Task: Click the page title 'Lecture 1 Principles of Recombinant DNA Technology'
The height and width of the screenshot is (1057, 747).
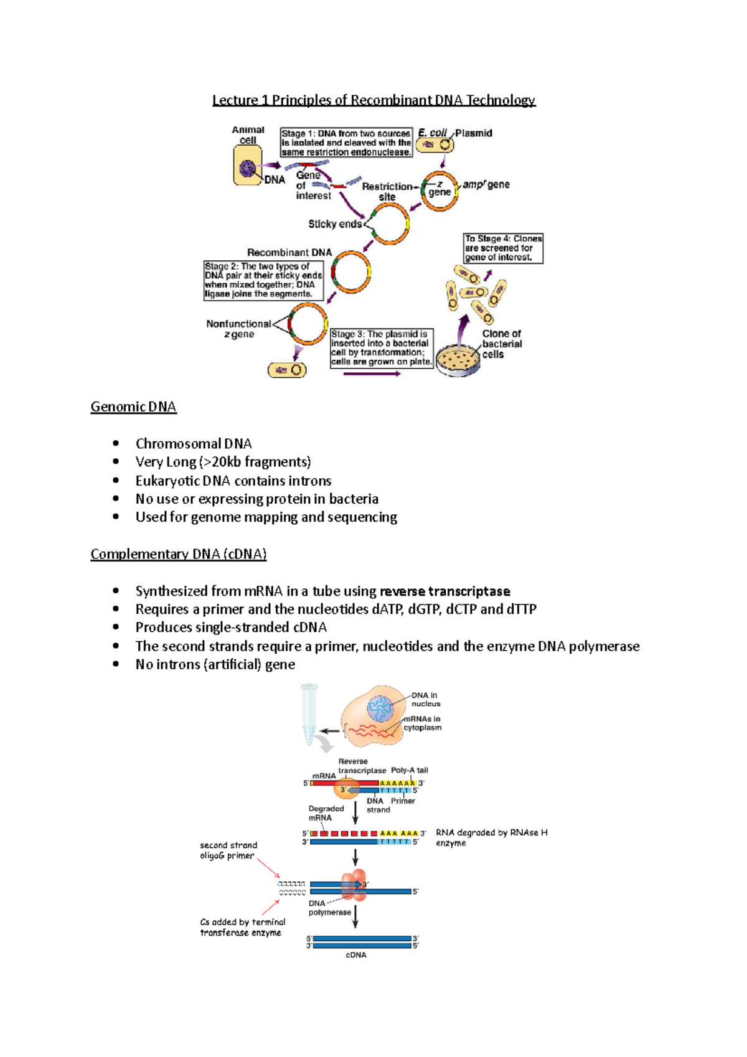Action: click(x=374, y=100)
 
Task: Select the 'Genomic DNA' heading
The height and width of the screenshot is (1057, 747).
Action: click(x=133, y=407)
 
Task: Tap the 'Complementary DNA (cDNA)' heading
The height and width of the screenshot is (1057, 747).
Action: click(x=178, y=554)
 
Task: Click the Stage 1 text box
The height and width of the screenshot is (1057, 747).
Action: click(x=346, y=143)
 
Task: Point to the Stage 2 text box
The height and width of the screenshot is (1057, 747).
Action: click(x=263, y=280)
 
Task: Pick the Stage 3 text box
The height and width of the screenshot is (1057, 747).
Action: click(x=381, y=348)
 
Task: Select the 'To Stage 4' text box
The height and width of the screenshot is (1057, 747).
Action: click(x=503, y=248)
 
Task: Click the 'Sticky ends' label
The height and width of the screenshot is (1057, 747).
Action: click(x=334, y=224)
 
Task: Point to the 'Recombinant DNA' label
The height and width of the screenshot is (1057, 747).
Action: click(x=289, y=252)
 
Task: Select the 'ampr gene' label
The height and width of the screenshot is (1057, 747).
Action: click(x=486, y=185)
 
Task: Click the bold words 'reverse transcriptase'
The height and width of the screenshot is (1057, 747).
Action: click(x=444, y=591)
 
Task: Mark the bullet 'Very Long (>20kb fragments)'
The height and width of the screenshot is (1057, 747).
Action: click(x=223, y=462)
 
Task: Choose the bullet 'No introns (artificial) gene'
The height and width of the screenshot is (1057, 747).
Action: click(x=215, y=664)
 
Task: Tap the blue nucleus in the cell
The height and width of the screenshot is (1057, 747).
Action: click(x=380, y=709)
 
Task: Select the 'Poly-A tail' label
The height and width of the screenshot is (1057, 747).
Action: click(x=409, y=770)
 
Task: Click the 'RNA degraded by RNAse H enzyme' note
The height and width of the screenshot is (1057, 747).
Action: click(x=491, y=837)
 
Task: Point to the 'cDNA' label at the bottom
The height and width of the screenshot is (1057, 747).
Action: click(x=356, y=955)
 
